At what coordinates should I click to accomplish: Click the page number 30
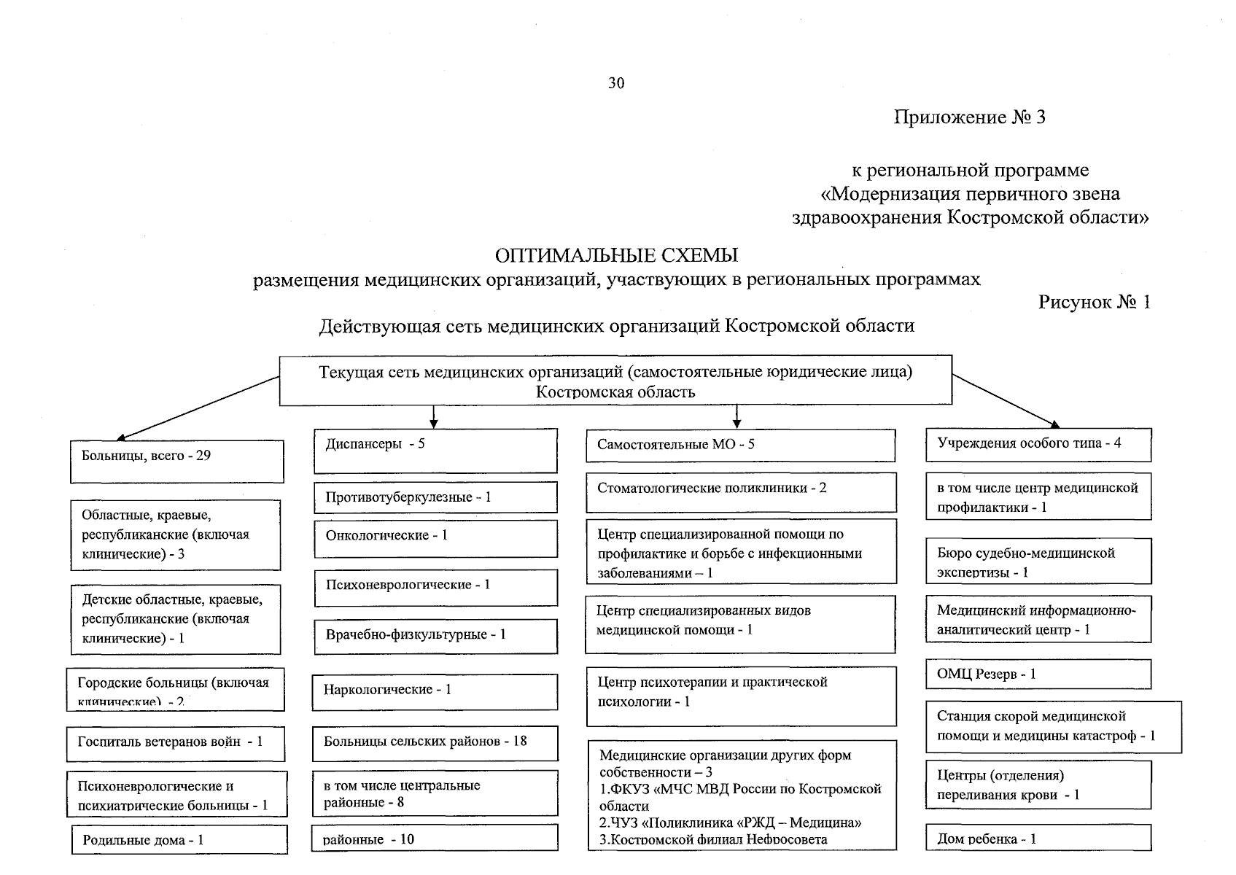(616, 83)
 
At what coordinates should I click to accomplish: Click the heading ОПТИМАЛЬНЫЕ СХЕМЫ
(616, 255)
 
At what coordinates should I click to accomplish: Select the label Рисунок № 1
(1094, 302)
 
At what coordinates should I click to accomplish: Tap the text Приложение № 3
(969, 117)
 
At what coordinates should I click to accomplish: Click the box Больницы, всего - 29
(176, 461)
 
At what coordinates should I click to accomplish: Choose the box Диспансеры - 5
(435, 450)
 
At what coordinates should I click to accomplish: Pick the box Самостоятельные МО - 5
(740, 445)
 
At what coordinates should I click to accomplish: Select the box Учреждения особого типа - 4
(1038, 445)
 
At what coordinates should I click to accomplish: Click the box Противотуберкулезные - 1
(435, 497)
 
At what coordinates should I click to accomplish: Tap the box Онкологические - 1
(435, 538)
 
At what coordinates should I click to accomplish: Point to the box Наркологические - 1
(435, 691)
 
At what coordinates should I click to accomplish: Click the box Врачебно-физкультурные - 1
(435, 635)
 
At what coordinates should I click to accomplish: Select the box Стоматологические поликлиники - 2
(740, 491)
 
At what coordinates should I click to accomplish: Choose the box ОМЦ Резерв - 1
(1038, 674)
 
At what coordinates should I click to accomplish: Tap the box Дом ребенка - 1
(1038, 839)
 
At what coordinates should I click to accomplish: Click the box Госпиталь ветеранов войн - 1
(175, 743)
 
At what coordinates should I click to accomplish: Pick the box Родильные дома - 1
(179, 839)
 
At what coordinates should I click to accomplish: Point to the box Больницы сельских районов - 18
(435, 742)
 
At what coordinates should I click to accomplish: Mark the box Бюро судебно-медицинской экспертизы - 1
(1038, 561)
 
